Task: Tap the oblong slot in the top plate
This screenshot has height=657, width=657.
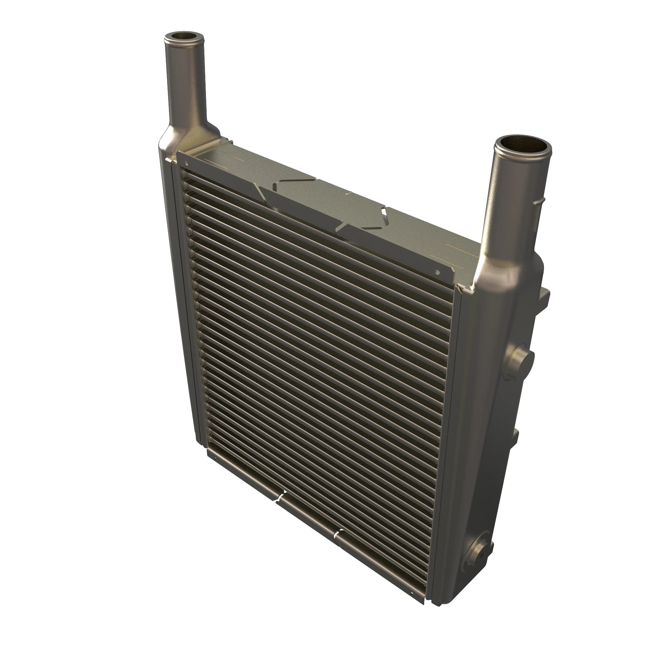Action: [x=383, y=212]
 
